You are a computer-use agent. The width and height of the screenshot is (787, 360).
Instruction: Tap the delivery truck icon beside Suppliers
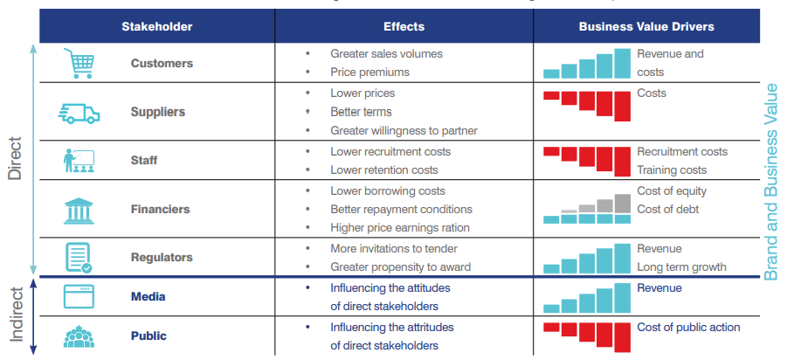click(79, 112)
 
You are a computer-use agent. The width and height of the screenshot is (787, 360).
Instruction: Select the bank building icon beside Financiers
click(79, 210)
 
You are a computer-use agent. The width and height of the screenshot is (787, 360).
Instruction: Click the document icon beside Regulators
click(79, 258)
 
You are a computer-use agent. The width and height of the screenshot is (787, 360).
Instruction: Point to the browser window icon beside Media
click(79, 297)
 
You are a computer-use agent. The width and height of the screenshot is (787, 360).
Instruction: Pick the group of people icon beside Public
click(79, 336)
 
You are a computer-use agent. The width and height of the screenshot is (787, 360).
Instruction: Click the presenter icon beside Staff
click(79, 161)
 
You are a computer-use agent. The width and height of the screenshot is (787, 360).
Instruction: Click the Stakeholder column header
click(157, 26)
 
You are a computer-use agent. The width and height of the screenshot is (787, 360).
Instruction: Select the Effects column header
click(404, 26)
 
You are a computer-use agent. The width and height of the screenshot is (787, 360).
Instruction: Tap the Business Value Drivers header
click(646, 26)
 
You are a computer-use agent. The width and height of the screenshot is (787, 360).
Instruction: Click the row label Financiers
click(160, 210)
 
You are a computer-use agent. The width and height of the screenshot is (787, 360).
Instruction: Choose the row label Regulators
click(162, 258)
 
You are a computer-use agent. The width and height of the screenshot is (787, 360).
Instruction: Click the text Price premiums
click(369, 73)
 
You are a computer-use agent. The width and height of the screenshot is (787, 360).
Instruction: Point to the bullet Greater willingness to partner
click(404, 131)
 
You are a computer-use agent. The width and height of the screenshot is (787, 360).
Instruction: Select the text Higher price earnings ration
click(399, 228)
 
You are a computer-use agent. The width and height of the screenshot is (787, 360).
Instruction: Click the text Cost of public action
click(688, 328)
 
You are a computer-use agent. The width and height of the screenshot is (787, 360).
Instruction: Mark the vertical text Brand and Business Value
click(771, 180)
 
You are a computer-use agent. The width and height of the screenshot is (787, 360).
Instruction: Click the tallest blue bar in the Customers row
click(622, 63)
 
